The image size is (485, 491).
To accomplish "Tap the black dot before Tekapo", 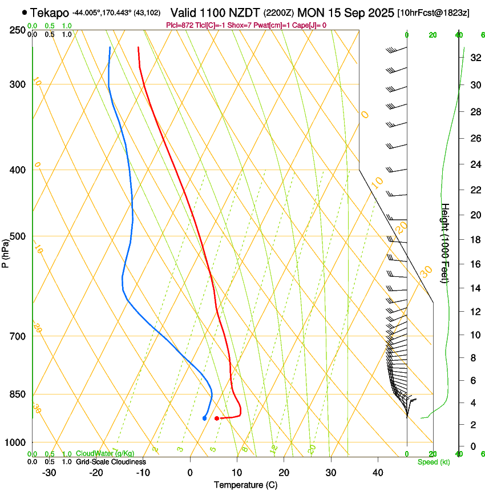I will [24, 12].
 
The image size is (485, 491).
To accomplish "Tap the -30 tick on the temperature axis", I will [49, 472].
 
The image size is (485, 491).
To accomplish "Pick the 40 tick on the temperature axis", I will [377, 472].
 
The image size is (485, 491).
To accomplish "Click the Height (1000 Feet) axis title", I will [446, 243].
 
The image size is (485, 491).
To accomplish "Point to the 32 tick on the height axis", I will [474, 58].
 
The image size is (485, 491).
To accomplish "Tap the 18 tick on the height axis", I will [474, 240].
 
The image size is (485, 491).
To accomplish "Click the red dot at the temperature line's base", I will [216, 418].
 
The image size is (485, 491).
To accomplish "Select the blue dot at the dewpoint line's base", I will [204, 418].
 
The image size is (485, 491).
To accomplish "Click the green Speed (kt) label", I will [433, 462].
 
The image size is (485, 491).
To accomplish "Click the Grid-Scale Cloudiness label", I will [111, 461].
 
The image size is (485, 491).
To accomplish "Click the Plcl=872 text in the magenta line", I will [180, 25].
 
